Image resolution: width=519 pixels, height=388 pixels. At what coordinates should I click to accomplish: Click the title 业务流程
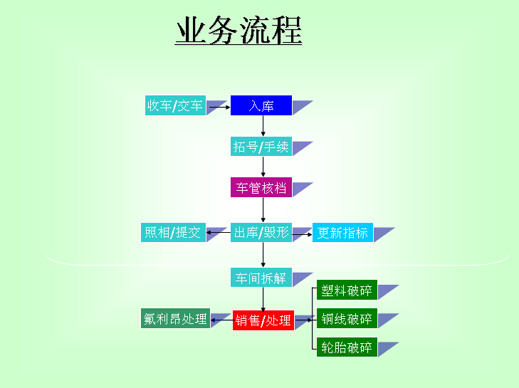pos(238,30)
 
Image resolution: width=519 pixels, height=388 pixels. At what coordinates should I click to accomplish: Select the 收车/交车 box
pos(175,105)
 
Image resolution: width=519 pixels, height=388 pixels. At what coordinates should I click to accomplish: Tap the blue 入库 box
pos(261,105)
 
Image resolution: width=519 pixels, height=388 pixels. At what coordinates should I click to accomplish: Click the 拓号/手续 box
pos(261,147)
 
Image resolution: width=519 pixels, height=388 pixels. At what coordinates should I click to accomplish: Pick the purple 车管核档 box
pos(261,187)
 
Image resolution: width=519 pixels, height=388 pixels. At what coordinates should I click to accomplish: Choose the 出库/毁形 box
pos(261,232)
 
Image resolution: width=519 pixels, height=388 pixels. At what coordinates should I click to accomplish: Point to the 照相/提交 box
pos(173,232)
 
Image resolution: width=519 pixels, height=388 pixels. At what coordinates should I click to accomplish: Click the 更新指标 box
pos(342,232)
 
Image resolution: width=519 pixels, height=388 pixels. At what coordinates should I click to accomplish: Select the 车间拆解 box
pos(261,278)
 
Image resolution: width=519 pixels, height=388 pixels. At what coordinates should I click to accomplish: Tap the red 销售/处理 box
pos(263,320)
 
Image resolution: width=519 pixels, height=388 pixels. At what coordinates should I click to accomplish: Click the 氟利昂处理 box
pos(175,318)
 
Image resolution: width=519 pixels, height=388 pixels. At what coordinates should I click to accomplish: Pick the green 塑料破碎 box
pos(347,290)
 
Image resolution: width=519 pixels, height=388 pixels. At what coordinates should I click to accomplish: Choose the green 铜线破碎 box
pos(347,318)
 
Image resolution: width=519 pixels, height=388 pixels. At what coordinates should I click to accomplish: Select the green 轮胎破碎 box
pos(347,347)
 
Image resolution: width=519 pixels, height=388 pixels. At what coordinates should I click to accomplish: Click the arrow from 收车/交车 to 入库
pos(220,107)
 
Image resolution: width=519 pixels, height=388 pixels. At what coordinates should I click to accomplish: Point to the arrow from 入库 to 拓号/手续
pos(263,126)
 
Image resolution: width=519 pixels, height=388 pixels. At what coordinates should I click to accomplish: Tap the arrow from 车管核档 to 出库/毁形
pos(263,210)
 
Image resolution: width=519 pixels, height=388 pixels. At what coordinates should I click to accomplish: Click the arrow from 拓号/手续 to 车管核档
pos(263,167)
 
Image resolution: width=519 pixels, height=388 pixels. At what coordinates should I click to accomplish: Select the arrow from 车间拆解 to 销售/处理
pos(263,299)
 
